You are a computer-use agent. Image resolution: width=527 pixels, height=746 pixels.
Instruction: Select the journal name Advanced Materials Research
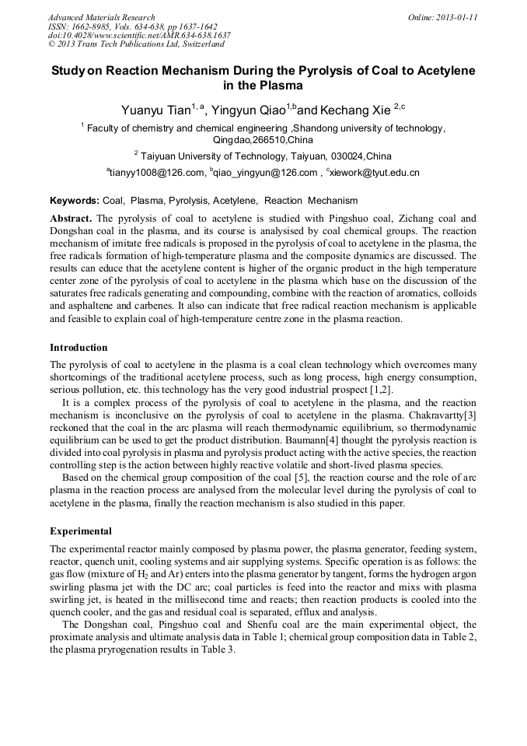(x=101, y=17)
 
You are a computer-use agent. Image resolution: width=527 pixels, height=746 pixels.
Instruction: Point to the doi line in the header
(x=139, y=35)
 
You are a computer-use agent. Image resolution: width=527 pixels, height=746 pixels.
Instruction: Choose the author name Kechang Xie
(x=357, y=110)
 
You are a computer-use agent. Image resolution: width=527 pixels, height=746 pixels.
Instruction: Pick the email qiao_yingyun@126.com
(x=260, y=173)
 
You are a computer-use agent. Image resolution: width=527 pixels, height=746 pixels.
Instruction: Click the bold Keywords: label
(x=75, y=201)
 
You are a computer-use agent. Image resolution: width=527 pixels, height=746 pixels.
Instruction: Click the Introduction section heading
(x=79, y=347)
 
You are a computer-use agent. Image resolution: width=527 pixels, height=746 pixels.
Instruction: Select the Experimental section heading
(x=81, y=531)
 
